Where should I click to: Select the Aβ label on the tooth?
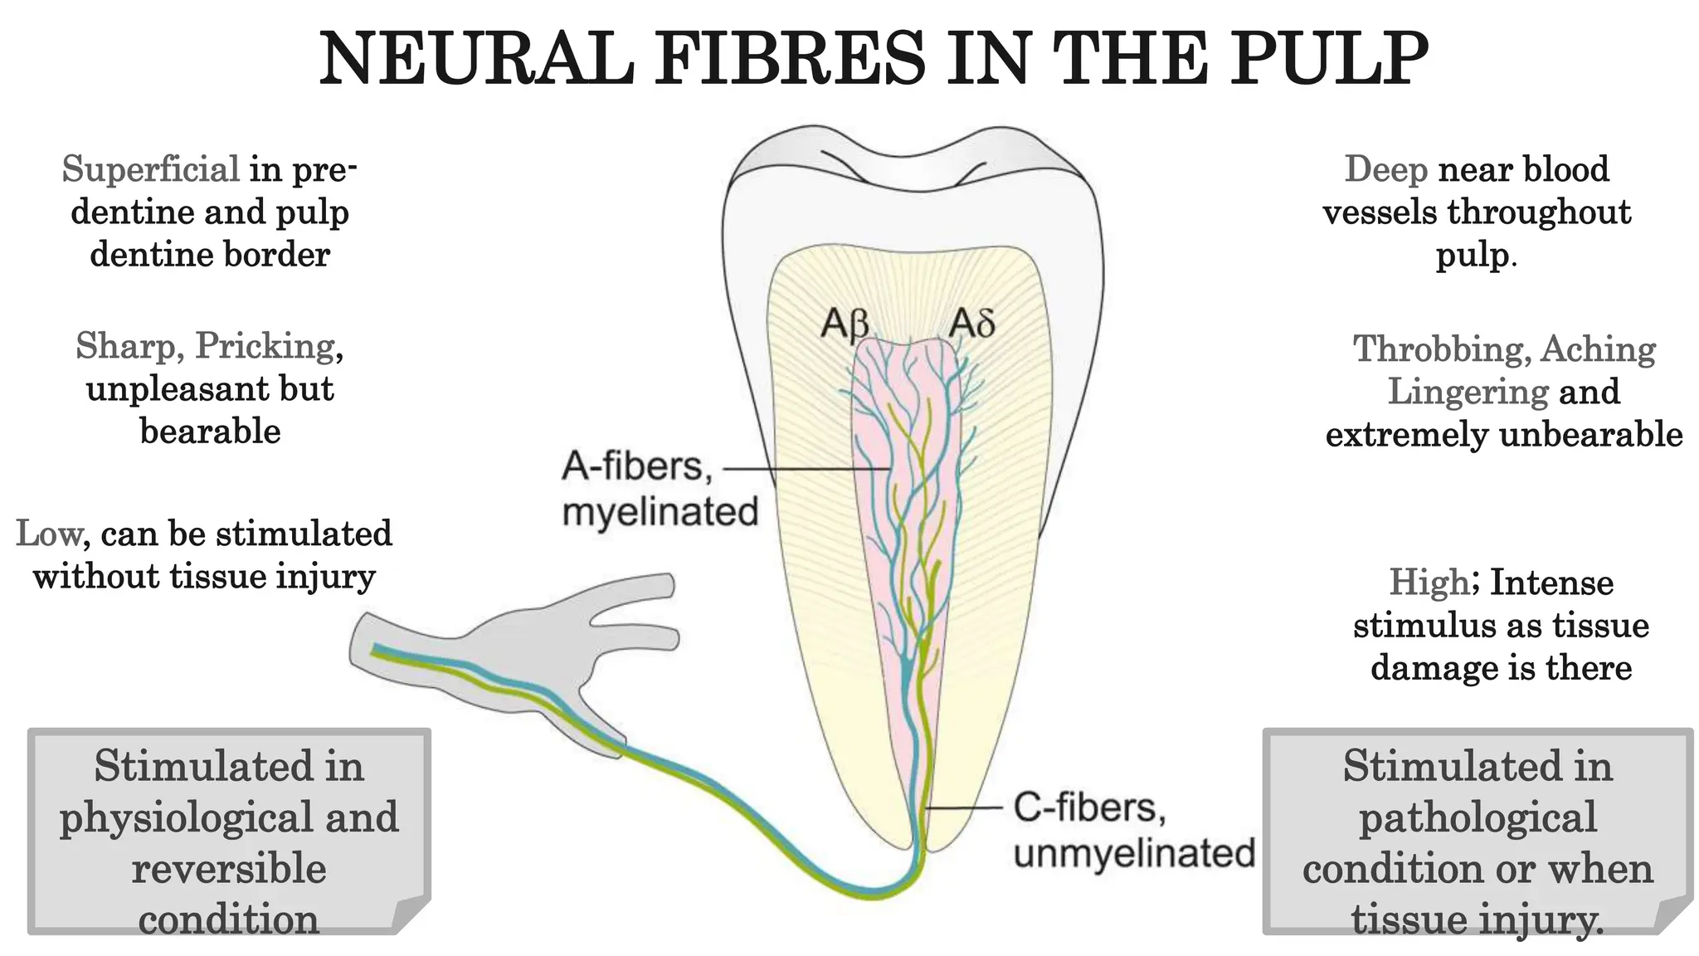click(845, 324)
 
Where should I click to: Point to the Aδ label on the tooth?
click(971, 323)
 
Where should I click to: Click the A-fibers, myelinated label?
click(659, 489)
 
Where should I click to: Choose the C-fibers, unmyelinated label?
click(1132, 831)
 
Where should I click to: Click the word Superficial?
click(151, 170)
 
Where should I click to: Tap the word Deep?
click(1385, 170)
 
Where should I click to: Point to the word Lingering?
click(1468, 392)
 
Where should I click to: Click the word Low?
click(49, 534)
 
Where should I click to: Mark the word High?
click(1429, 583)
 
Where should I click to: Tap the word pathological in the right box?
click(1477, 818)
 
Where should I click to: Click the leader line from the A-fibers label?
click(805, 469)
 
